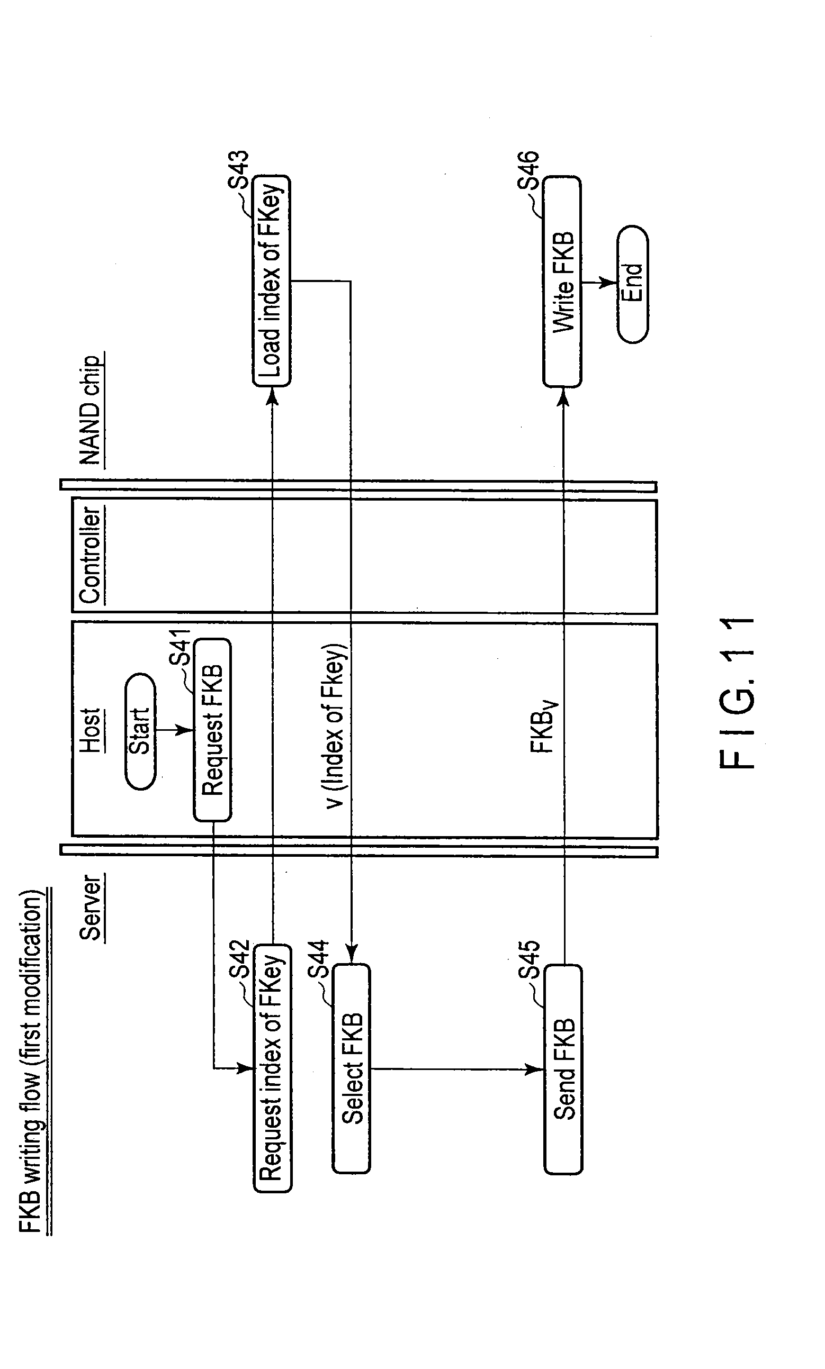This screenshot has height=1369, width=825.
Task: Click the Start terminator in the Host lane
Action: [140, 731]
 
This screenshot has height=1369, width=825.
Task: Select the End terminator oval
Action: [633, 284]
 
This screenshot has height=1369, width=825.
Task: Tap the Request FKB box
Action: [212, 730]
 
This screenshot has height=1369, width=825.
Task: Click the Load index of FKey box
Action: [271, 280]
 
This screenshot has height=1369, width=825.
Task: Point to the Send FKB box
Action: [563, 1069]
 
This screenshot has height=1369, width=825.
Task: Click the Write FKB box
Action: [562, 282]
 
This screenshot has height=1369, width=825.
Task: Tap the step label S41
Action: [180, 647]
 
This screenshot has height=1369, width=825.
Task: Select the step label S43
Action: [239, 170]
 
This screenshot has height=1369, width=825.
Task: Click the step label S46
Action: [528, 170]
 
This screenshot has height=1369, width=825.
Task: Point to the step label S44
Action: [319, 959]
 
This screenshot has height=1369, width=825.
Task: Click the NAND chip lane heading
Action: [91, 410]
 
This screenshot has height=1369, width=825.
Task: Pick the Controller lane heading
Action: [90, 555]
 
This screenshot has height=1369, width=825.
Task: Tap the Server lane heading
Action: [91, 908]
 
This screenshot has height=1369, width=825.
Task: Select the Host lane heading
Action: [90, 730]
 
